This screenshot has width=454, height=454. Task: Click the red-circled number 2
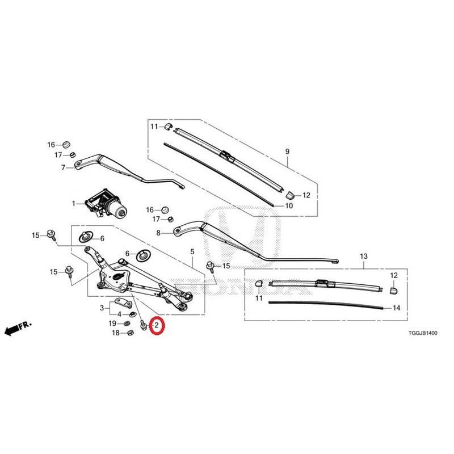click(157, 325)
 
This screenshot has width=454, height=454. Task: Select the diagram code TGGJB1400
click(423, 333)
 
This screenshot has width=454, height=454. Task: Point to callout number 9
click(287, 152)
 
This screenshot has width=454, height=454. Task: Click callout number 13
click(364, 257)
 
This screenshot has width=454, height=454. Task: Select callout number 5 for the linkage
click(192, 252)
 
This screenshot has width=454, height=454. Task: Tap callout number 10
click(289, 205)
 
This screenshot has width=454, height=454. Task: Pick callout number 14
click(396, 308)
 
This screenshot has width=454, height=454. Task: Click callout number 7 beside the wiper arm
click(63, 167)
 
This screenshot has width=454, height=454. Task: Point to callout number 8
click(158, 233)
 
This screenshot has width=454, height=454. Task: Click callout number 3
click(102, 308)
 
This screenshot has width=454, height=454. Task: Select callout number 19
click(112, 323)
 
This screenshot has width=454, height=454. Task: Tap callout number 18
click(116, 333)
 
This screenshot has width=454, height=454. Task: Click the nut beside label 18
click(131, 333)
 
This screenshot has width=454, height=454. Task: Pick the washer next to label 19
click(127, 323)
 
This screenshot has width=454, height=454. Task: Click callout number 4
click(119, 314)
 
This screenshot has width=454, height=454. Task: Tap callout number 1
click(74, 204)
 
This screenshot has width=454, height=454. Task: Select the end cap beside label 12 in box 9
click(290, 195)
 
